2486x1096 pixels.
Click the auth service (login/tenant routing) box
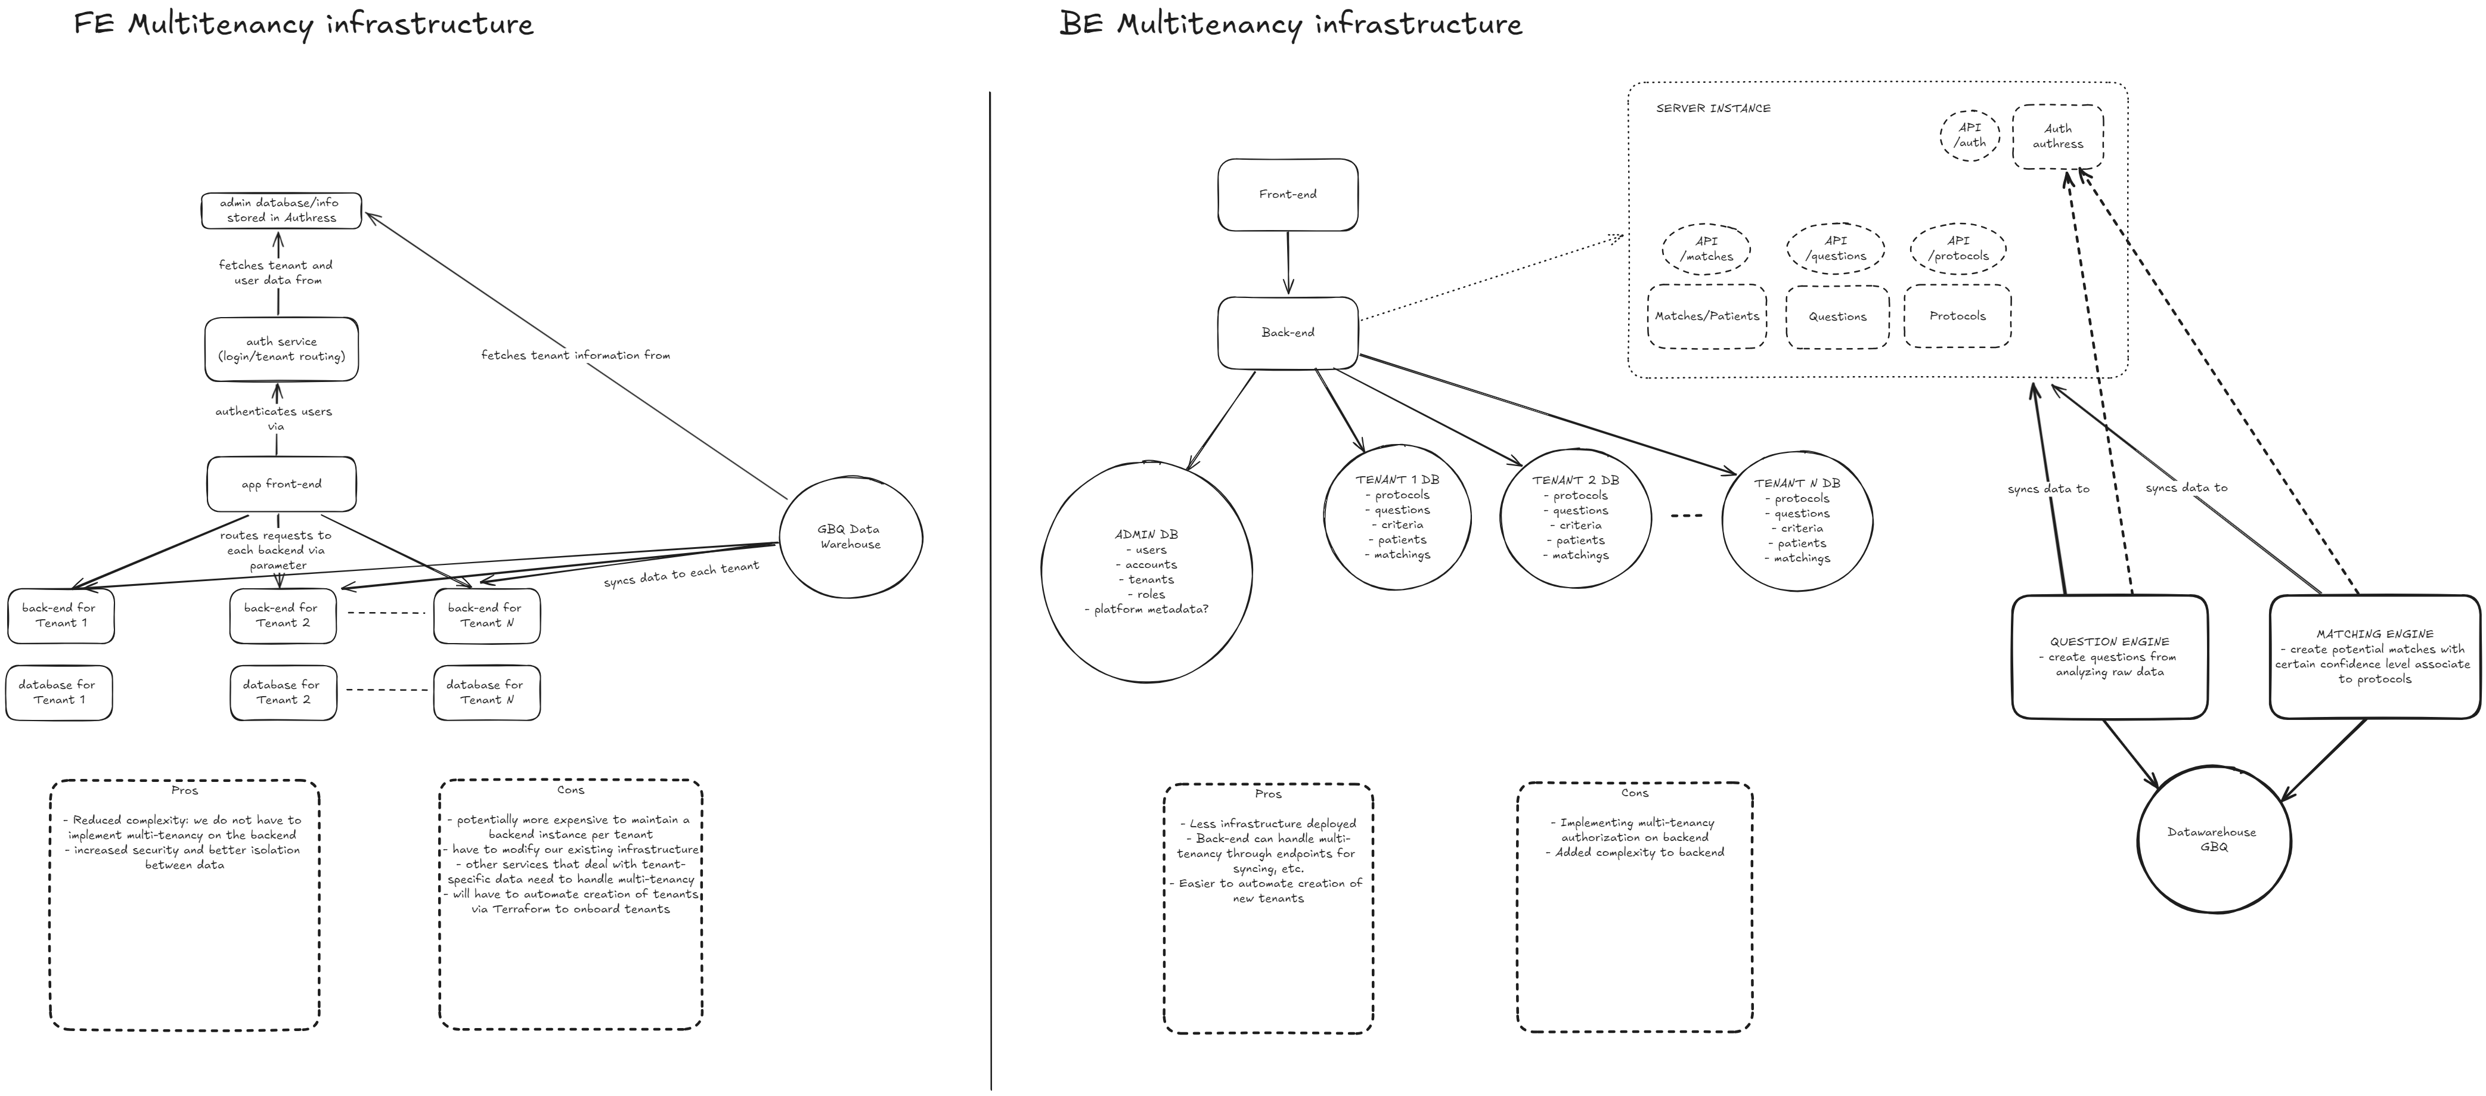tap(281, 349)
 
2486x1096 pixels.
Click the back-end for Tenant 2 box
tap(283, 616)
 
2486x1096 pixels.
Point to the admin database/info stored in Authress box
tap(281, 210)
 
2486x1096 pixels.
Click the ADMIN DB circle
tap(1146, 571)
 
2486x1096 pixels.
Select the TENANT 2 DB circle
tap(1575, 518)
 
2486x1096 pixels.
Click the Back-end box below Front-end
tap(1287, 333)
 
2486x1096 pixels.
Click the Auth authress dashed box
tap(2057, 136)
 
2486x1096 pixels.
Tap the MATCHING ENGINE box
tap(2374, 657)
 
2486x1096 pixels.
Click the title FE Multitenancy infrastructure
tap(303, 24)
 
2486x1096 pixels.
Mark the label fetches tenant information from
tap(575, 356)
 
